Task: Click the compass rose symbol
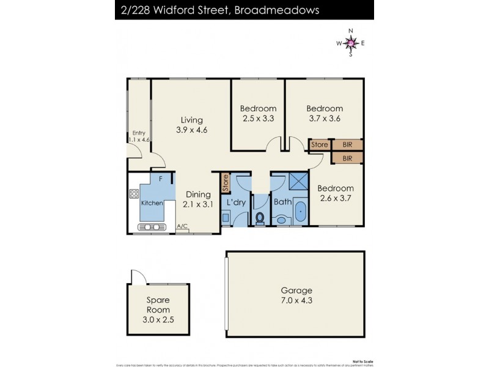[350, 43]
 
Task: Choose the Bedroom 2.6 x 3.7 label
[336, 193]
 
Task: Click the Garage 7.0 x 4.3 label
[296, 295]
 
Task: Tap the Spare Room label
[157, 305]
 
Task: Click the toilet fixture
[259, 218]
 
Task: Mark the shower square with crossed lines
[298, 182]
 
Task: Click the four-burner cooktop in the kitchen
[134, 195]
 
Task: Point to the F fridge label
[161, 179]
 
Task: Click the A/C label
[182, 226]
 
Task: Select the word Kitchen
[152, 202]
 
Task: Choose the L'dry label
[235, 202]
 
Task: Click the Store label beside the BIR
[320, 145]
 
